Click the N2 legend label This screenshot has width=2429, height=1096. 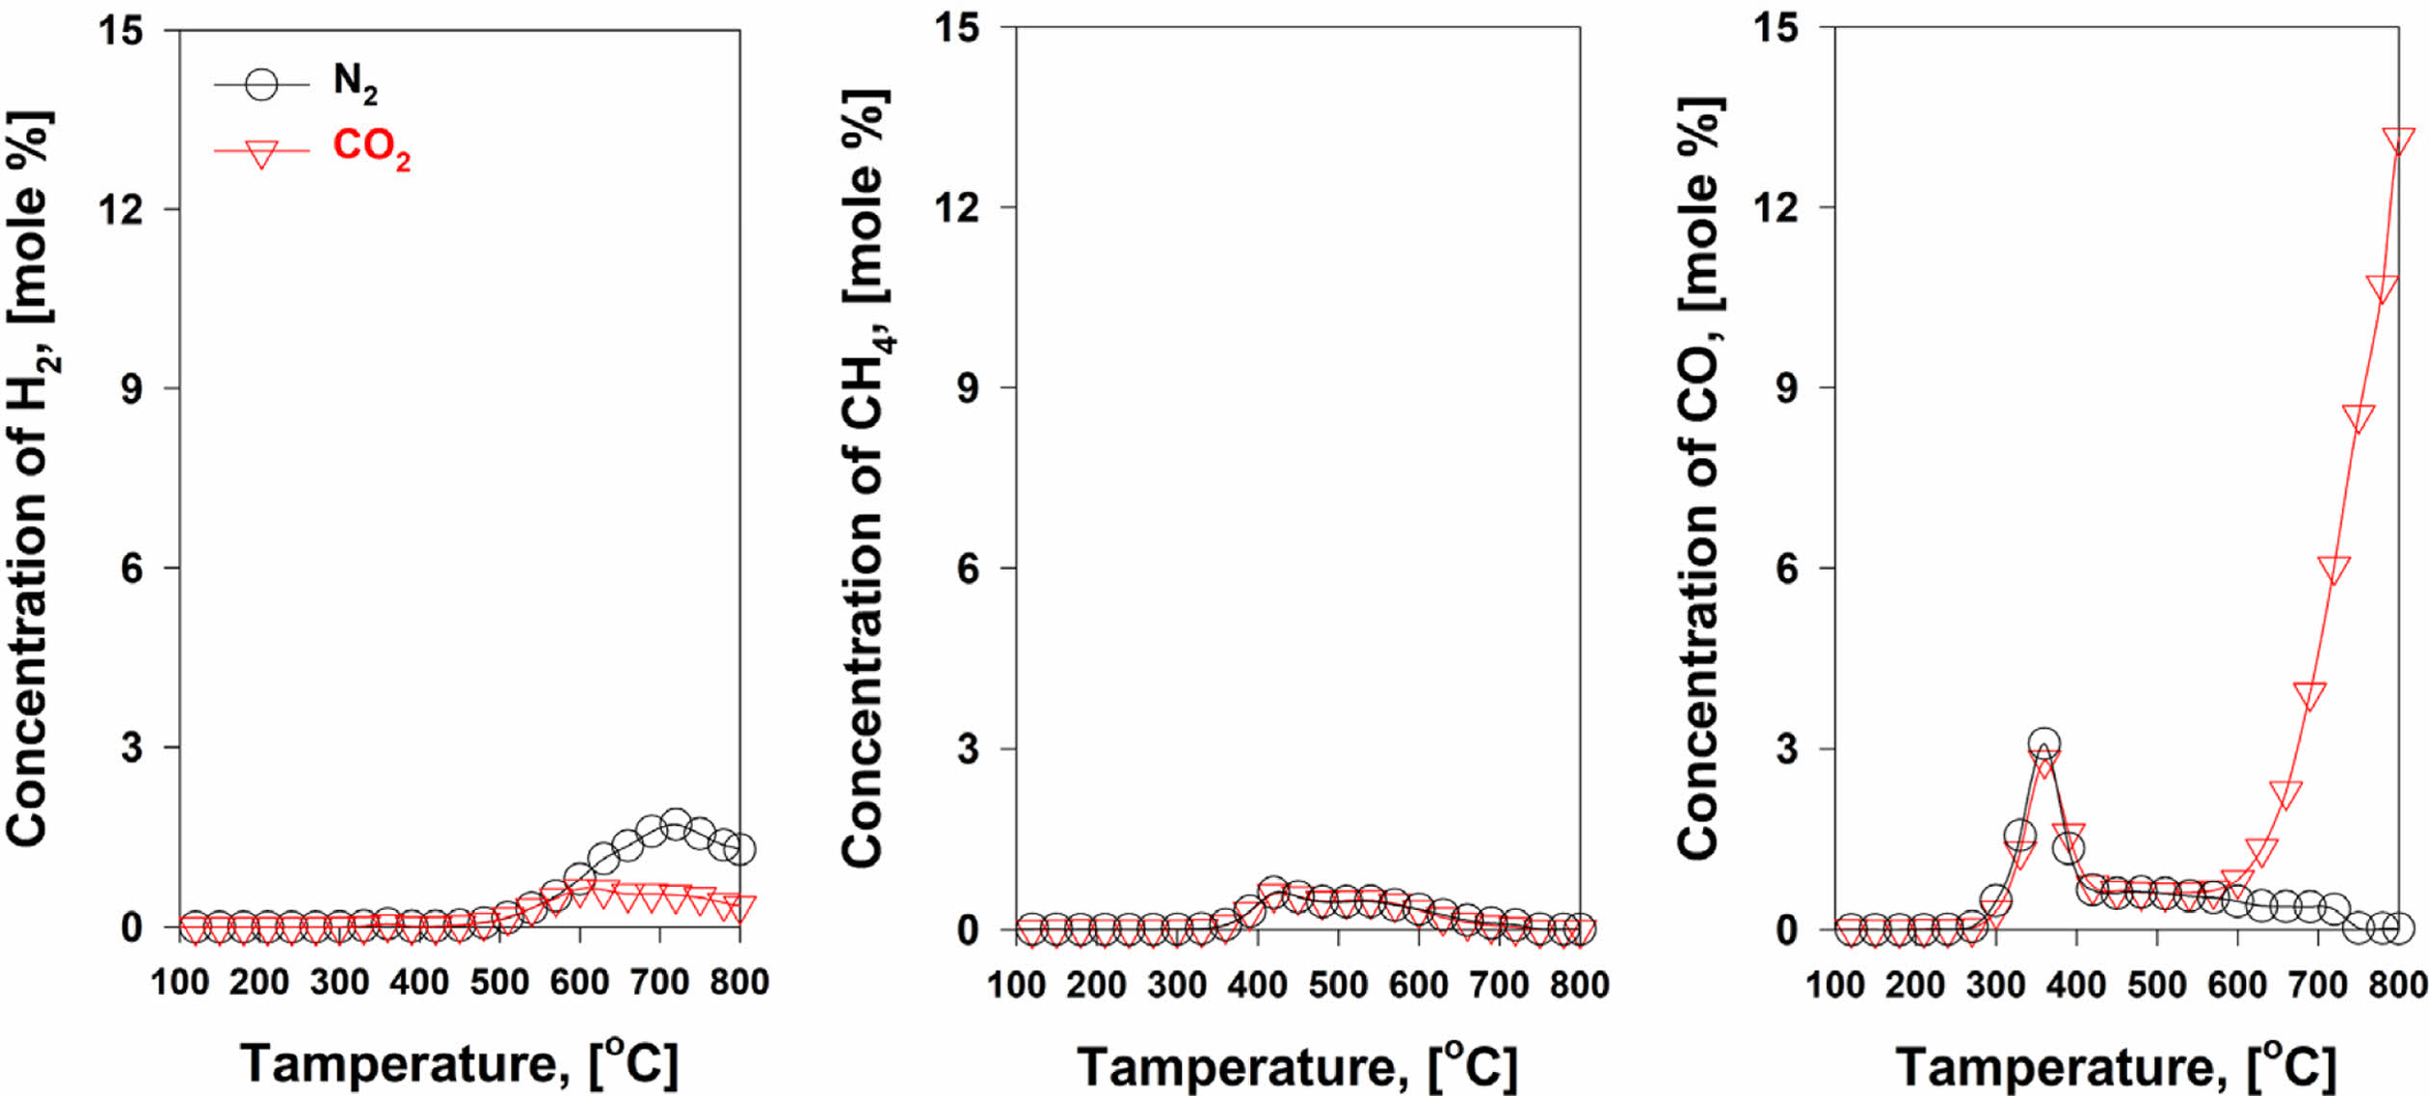point(355,82)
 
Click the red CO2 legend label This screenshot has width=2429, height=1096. point(371,149)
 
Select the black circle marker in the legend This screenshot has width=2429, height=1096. point(261,85)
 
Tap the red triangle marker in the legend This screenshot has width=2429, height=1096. point(261,153)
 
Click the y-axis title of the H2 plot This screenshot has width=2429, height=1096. point(31,479)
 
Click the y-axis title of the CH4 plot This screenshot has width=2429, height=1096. point(865,479)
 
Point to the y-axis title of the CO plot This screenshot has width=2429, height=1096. point(1701,479)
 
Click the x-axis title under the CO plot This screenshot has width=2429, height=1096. point(2116,1066)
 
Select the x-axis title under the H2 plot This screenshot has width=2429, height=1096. point(459,1064)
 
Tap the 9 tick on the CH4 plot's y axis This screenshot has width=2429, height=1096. point(967,388)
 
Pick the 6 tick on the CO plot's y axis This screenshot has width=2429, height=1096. point(1787,569)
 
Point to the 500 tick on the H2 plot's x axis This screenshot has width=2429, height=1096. point(499,982)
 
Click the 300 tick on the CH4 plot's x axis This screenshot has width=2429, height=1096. point(1177,985)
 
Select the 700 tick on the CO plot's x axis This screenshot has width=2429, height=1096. point(2317,985)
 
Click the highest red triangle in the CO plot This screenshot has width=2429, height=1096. point(2398,142)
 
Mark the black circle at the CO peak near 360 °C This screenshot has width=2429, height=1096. point(2043,744)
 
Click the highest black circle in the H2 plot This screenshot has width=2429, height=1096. point(676,823)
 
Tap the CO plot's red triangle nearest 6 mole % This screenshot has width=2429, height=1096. point(2334,569)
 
